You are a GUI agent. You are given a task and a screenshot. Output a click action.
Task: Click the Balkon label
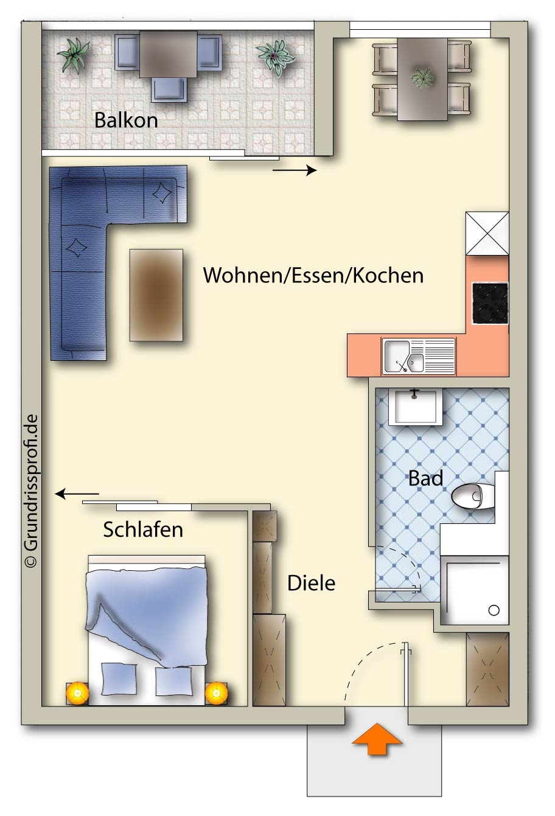(126, 120)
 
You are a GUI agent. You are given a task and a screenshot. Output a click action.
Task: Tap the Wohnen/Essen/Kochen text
(313, 275)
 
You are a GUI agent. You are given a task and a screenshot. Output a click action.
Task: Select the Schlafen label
(143, 529)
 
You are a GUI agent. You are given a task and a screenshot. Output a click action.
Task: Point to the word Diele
(311, 583)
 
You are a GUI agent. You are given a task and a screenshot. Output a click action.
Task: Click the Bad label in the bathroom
(425, 478)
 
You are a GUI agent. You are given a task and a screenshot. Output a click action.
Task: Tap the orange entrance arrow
(377, 738)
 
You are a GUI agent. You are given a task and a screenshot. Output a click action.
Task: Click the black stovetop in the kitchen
(490, 303)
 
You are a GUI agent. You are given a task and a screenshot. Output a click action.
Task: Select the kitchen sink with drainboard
(419, 356)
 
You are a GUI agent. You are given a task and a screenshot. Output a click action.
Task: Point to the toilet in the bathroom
(473, 495)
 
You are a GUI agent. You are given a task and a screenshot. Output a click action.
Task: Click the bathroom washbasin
(416, 407)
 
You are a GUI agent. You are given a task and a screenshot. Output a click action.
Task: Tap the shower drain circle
(494, 610)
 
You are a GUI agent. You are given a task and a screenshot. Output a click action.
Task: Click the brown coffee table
(156, 295)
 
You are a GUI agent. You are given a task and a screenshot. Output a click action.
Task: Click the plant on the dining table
(422, 77)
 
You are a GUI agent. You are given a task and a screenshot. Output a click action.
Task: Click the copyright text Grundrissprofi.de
(31, 490)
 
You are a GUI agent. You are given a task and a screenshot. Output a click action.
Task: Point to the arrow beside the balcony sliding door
(295, 170)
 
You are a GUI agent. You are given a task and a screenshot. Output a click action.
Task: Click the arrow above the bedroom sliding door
(77, 494)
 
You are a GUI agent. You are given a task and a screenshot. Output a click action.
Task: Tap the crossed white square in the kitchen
(487, 234)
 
